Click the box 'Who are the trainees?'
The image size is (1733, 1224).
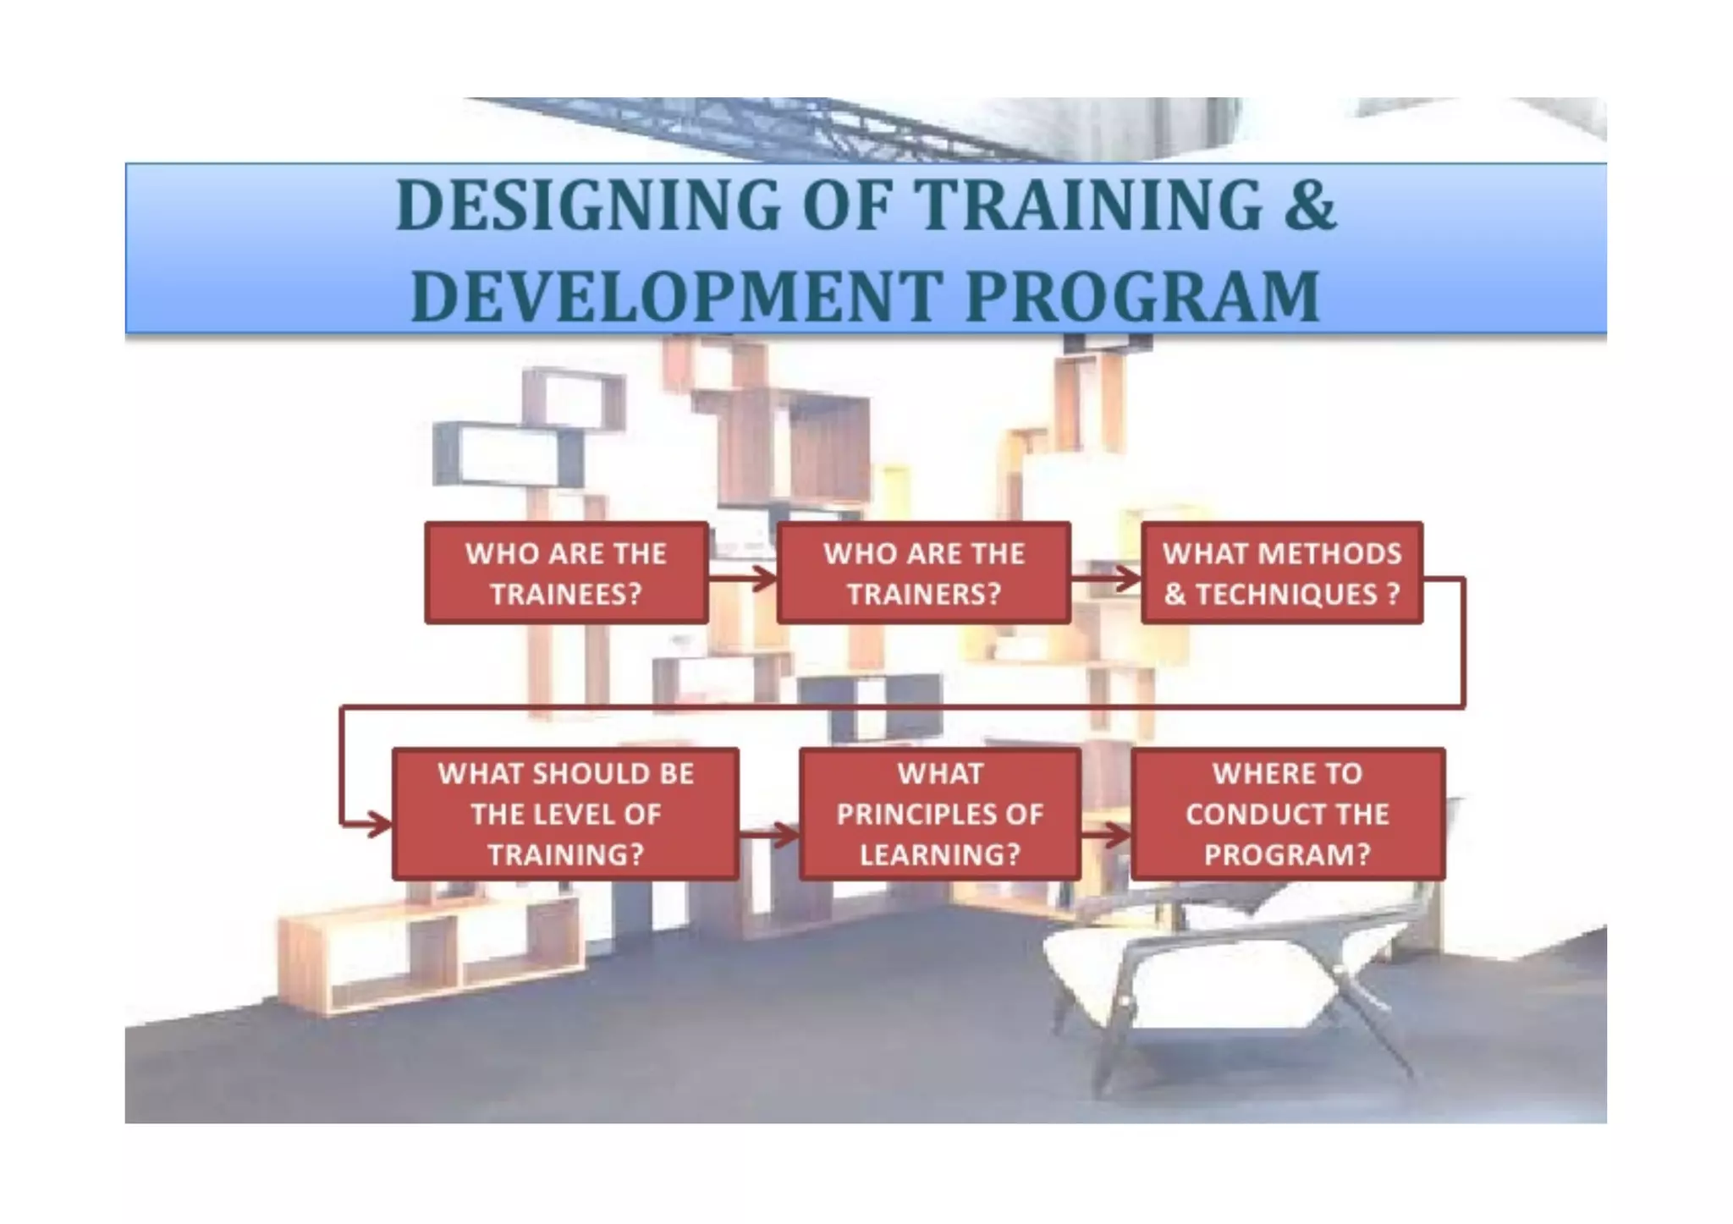click(x=565, y=573)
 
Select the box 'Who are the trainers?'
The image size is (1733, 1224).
click(x=923, y=573)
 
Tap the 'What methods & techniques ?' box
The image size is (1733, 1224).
click(x=1281, y=573)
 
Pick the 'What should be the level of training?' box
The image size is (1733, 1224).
click(x=565, y=813)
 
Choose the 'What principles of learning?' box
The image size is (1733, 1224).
click(x=939, y=813)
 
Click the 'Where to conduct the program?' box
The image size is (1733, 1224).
click(x=1287, y=813)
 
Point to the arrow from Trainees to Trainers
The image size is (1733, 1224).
click(x=742, y=579)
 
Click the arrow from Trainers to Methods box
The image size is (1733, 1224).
click(x=1105, y=579)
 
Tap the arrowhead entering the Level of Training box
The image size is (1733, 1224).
click(x=377, y=823)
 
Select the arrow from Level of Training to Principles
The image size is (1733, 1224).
click(x=768, y=835)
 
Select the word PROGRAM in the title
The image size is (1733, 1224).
click(x=1142, y=296)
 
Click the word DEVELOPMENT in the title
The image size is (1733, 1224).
click(x=675, y=296)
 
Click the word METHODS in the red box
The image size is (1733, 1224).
click(x=1329, y=553)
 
